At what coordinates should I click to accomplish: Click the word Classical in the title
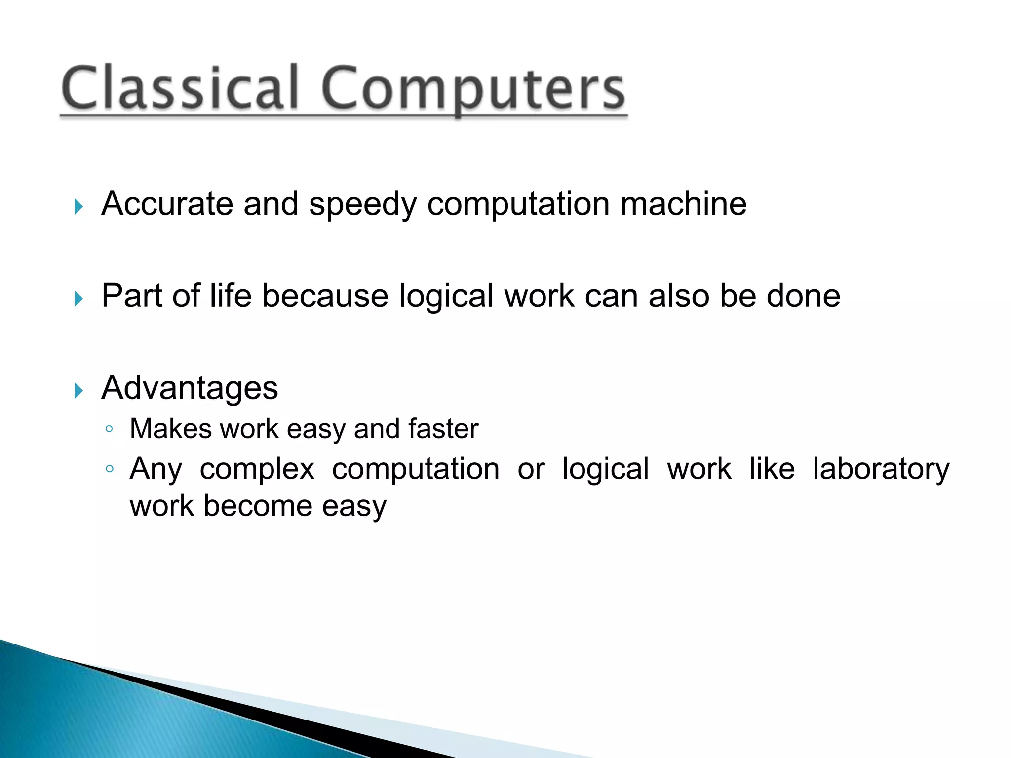(180, 89)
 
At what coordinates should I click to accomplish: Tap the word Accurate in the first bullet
(167, 204)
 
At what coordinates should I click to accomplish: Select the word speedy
(362, 205)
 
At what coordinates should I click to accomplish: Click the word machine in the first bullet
(683, 204)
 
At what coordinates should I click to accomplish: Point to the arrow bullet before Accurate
(78, 207)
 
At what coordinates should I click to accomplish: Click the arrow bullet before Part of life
(78, 299)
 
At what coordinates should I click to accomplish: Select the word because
(325, 296)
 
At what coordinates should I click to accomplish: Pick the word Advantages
(190, 389)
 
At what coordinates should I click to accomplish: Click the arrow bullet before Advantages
(78, 391)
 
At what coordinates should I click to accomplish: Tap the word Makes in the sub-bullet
(171, 428)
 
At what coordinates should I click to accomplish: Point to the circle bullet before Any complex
(110, 469)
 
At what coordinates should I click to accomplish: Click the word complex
(257, 469)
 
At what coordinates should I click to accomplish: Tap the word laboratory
(881, 469)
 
